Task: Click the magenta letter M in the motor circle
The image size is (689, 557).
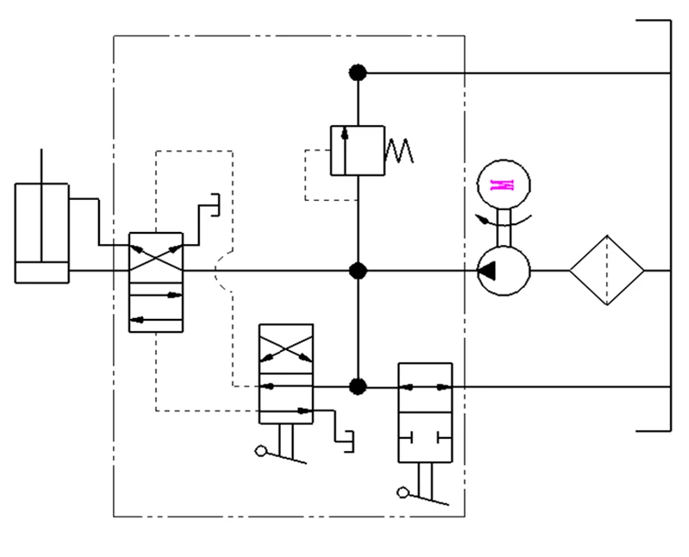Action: point(502,185)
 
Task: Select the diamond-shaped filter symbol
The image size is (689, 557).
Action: point(607,270)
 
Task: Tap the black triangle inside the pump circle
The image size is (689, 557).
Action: point(487,271)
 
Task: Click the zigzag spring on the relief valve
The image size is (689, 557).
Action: point(399,151)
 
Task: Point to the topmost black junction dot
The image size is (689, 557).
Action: point(357,72)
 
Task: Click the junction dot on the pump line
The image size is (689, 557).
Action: point(357,271)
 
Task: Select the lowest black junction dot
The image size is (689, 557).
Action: point(357,387)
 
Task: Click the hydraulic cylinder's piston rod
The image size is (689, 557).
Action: point(41,205)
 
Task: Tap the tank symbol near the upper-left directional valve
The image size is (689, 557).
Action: point(215,204)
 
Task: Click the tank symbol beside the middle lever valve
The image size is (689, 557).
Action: point(349,441)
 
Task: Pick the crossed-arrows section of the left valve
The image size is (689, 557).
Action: point(156,258)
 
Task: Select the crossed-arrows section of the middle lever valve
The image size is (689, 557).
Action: point(286,349)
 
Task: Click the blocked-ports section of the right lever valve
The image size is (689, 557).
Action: point(425,438)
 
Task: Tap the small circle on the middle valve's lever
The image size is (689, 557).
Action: point(261,451)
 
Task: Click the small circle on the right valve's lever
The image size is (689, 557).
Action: point(402,493)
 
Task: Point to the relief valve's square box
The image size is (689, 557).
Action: point(357,151)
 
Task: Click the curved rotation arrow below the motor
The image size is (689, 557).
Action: point(504,220)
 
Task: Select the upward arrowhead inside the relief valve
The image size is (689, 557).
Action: point(345,134)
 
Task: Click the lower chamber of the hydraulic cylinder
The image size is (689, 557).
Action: point(41,272)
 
